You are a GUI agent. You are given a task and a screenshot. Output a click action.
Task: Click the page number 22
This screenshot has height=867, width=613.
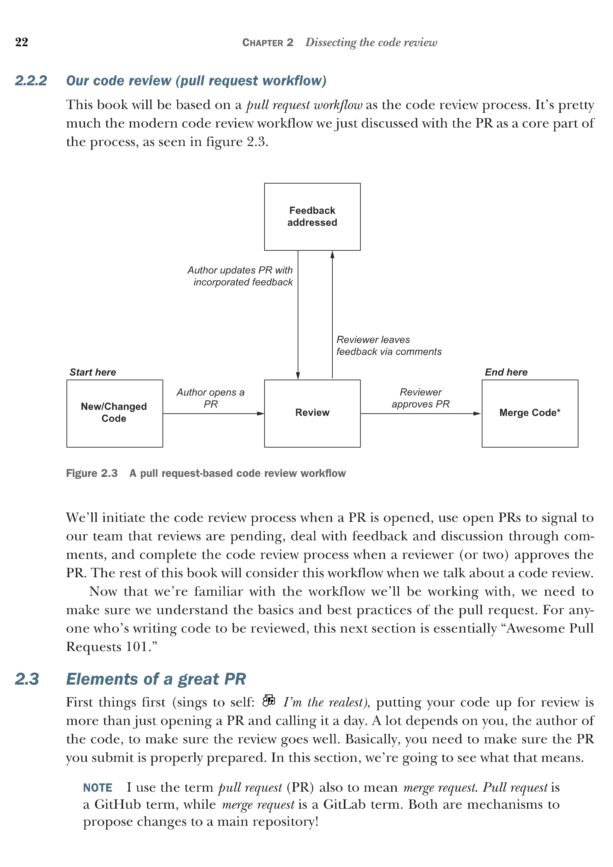pos(22,42)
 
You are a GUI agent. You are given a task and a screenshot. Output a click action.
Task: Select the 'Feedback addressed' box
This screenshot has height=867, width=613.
pos(312,217)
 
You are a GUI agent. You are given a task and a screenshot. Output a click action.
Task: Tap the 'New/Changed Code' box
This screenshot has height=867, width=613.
pos(114,413)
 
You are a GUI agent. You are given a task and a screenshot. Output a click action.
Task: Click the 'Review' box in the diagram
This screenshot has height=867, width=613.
pos(312,413)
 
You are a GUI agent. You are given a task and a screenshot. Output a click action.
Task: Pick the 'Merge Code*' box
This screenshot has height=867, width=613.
pos(530,413)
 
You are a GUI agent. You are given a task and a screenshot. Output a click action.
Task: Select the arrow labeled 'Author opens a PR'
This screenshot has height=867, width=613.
pos(213,414)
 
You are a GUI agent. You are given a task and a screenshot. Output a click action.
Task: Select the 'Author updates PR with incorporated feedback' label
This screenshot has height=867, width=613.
pos(241,276)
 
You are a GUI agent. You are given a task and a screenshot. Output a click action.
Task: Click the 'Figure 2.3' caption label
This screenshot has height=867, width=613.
pos(92,473)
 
